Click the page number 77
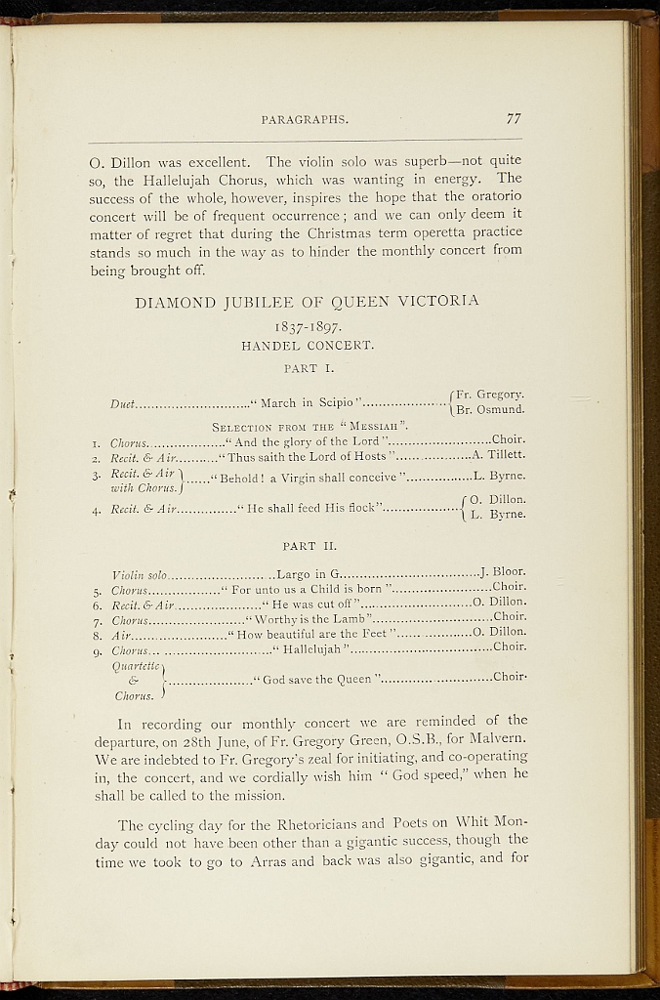pos(514,119)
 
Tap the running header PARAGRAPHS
pos(305,120)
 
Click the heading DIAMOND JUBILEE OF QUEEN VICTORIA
pos(307,301)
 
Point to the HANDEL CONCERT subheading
pos(307,345)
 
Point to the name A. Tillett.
pos(499,455)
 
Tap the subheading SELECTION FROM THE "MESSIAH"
pos(309,426)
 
